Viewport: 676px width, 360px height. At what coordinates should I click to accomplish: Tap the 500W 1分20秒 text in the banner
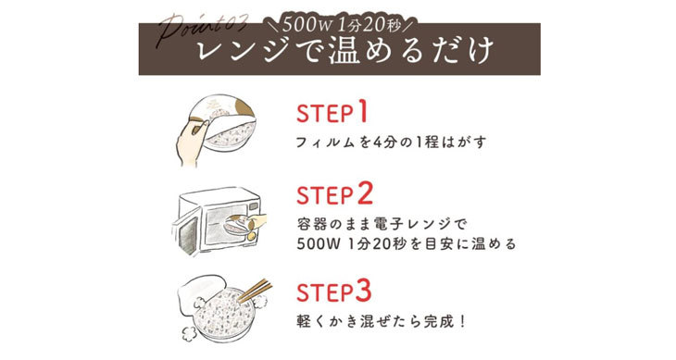pyautogui.click(x=337, y=19)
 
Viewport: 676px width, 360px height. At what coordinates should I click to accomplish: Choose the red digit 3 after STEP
pyautogui.click(x=364, y=290)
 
